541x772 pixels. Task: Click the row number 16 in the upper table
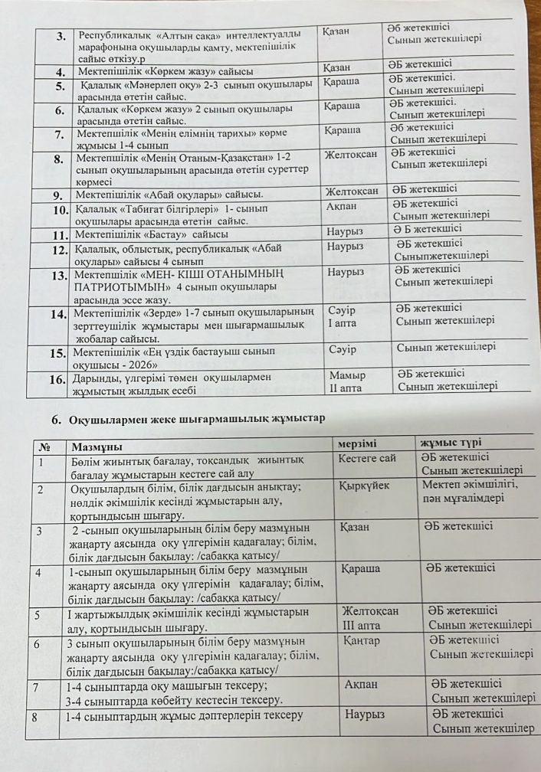click(57, 378)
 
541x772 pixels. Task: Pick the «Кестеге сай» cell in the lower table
click(367, 459)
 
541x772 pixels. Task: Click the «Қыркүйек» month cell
click(366, 486)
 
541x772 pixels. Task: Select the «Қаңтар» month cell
click(362, 641)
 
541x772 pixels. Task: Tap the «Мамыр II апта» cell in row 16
click(347, 381)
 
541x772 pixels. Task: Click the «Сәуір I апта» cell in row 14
click(343, 317)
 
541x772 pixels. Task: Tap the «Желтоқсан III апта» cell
click(371, 617)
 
